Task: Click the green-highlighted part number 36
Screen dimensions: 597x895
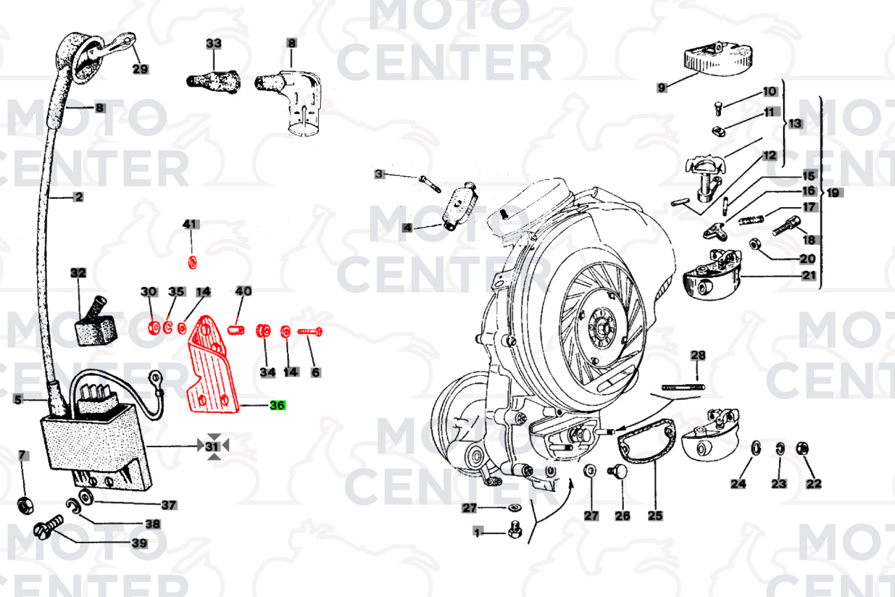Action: pyautogui.click(x=277, y=405)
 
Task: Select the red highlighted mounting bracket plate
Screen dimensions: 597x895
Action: pyautogui.click(x=212, y=368)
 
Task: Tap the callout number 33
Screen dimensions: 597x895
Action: pyautogui.click(x=214, y=43)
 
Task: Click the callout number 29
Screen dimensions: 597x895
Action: pyautogui.click(x=140, y=69)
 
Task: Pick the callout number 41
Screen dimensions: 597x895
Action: pyautogui.click(x=190, y=224)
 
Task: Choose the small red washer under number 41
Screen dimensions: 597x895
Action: pyautogui.click(x=192, y=261)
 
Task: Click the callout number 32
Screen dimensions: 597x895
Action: pyautogui.click(x=78, y=273)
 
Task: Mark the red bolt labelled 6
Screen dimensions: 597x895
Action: pyautogui.click(x=310, y=332)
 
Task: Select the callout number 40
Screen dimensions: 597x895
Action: pyautogui.click(x=243, y=291)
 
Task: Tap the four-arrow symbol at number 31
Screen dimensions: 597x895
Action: pyautogui.click(x=214, y=446)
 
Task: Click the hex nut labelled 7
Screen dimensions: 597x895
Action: pyautogui.click(x=24, y=504)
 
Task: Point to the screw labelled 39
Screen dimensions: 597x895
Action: pyautogui.click(x=49, y=527)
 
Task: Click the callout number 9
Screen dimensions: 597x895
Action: pyautogui.click(x=662, y=87)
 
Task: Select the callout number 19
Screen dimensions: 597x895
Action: pyautogui.click(x=833, y=192)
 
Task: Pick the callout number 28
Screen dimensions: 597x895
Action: pyautogui.click(x=698, y=355)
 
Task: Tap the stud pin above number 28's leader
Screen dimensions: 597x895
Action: pyautogui.click(x=683, y=387)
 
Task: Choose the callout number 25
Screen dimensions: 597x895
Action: pyautogui.click(x=655, y=515)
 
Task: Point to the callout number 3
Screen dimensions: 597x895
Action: pyautogui.click(x=378, y=174)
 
